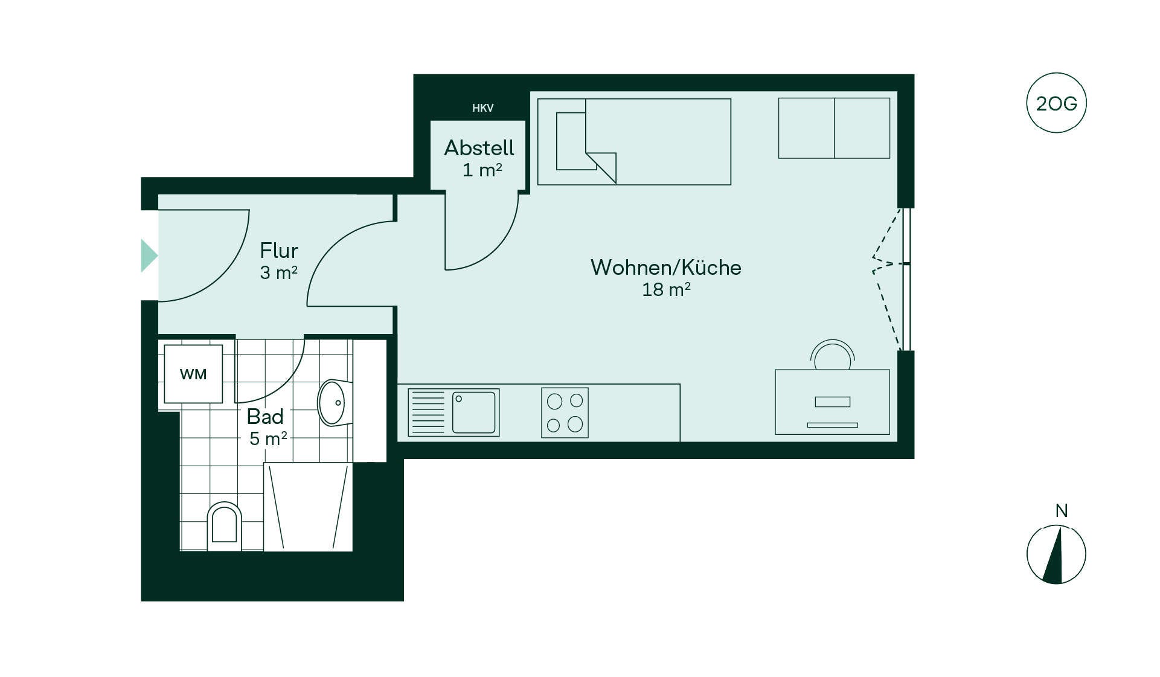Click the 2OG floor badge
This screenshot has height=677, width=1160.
[1056, 103]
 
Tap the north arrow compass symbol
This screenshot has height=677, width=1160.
[1056, 554]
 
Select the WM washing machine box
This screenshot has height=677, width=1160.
[193, 374]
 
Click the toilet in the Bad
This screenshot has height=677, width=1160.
[224, 526]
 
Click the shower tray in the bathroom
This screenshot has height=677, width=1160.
[308, 507]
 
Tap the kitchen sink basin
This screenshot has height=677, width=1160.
[473, 412]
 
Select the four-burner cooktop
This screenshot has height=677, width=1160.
[565, 412]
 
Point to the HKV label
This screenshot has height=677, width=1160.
[482, 108]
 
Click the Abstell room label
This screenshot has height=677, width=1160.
[479, 148]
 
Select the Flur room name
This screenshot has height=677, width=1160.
[279, 251]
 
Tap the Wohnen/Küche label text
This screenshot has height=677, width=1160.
[665, 268]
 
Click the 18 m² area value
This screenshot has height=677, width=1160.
[666, 290]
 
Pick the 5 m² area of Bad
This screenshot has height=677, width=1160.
[268, 438]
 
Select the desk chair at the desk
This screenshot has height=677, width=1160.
[833, 355]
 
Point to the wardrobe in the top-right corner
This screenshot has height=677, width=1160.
[834, 128]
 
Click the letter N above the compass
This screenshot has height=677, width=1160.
[1061, 511]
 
